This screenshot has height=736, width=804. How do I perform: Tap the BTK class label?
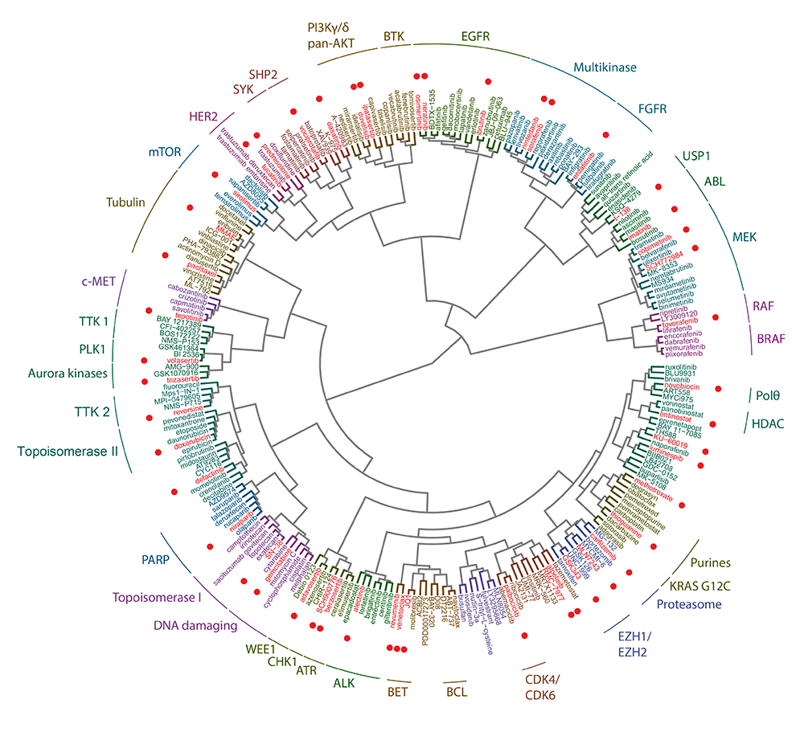(394, 36)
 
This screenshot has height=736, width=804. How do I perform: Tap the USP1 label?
(699, 154)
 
